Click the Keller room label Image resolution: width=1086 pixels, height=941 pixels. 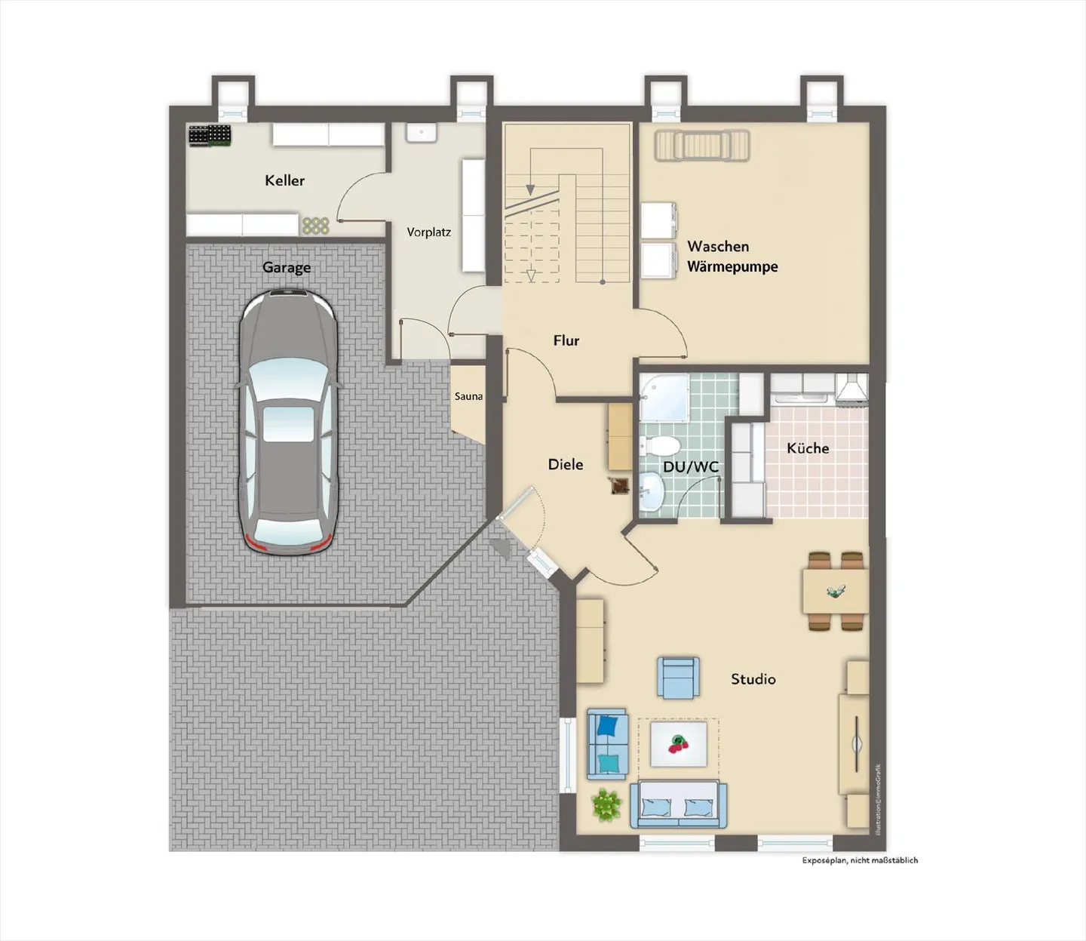click(x=284, y=180)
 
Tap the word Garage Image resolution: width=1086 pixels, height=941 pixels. click(x=286, y=267)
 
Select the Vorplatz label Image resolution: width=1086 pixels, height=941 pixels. click(x=428, y=232)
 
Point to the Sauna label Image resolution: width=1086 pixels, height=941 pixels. click(x=468, y=396)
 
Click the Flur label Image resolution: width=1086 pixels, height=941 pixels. click(x=566, y=340)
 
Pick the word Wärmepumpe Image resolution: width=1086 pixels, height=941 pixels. click(x=732, y=266)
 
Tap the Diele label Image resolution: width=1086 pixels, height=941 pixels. click(x=565, y=464)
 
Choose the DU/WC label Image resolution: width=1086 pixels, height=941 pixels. click(x=690, y=467)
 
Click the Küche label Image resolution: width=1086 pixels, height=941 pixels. click(x=808, y=448)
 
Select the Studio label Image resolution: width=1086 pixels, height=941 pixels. click(x=753, y=679)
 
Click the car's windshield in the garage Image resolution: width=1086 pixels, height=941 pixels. click(x=287, y=375)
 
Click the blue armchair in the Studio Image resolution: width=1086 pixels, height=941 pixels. click(x=678, y=677)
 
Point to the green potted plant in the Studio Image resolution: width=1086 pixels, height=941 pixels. click(x=606, y=805)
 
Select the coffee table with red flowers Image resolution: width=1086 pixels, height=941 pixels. click(x=679, y=744)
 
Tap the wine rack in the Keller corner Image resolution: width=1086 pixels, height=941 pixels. click(x=210, y=136)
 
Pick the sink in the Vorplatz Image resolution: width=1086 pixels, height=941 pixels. click(x=421, y=133)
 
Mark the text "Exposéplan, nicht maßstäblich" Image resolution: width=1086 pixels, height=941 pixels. click(x=860, y=860)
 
